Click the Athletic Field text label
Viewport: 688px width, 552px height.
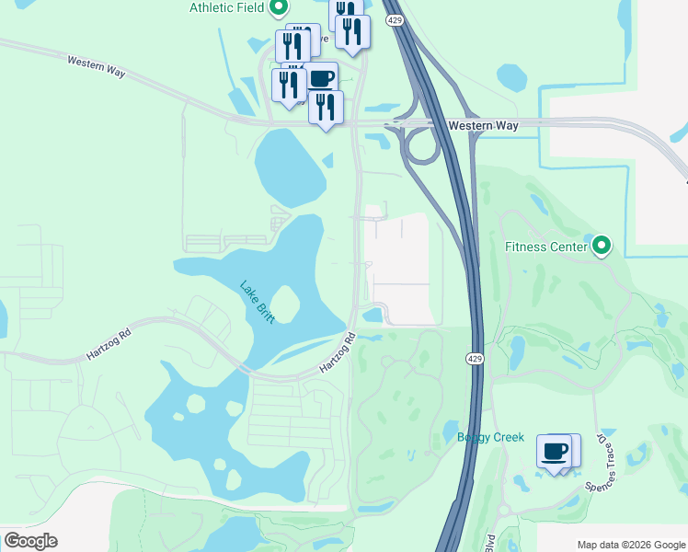point(226,7)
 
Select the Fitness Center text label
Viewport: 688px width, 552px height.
point(545,247)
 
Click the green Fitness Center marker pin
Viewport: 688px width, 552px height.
point(601,246)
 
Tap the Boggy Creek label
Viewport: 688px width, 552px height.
point(490,437)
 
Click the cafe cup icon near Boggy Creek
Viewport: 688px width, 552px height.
point(555,452)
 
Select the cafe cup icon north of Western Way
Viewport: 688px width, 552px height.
point(321,78)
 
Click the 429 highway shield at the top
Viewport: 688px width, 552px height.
point(395,19)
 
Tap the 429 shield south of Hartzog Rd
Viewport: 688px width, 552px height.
point(474,356)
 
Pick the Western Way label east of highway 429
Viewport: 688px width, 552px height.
point(483,125)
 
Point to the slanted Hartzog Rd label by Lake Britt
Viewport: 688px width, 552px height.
point(338,353)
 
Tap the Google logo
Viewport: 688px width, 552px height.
point(30,541)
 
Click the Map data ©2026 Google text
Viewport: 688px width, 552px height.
point(630,544)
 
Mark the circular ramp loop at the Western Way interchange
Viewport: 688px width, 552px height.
point(422,146)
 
